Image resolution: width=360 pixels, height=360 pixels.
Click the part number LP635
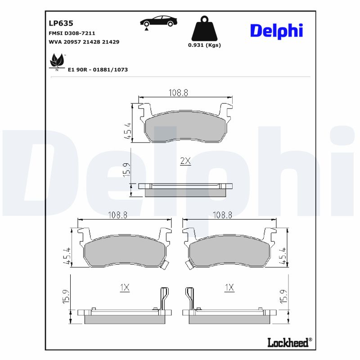[x=61, y=23]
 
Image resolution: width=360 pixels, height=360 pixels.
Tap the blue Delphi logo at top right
[x=276, y=31]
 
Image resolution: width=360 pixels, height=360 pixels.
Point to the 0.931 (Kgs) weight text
[x=204, y=45]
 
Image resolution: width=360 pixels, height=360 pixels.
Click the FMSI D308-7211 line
[x=72, y=33]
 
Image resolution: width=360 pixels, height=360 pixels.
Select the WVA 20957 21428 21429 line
[x=83, y=41]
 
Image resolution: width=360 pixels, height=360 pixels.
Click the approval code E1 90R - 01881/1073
[x=98, y=70]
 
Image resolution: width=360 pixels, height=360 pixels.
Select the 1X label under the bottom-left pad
[x=125, y=288]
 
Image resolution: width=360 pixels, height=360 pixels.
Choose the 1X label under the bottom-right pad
[x=229, y=288]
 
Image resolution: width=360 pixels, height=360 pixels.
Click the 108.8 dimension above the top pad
[x=178, y=92]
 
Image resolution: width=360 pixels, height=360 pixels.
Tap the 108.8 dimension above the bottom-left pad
[x=118, y=215]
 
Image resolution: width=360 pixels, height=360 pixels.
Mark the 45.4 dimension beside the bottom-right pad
[x=283, y=256]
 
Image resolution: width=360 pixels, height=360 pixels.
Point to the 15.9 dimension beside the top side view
[x=127, y=170]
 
